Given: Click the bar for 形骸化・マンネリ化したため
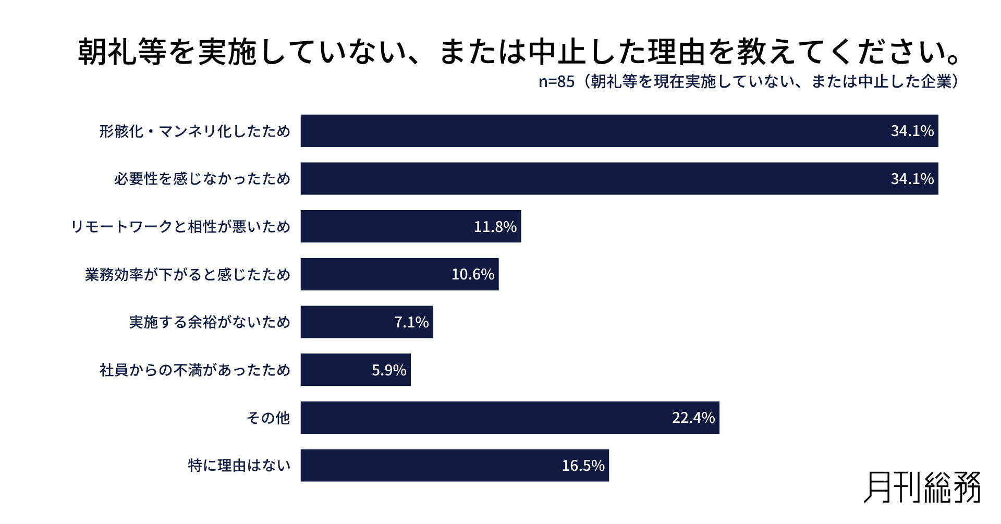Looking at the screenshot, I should (x=619, y=131).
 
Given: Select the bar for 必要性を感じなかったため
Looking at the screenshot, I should (x=619, y=179).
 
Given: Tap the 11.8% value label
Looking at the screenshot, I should (x=495, y=227).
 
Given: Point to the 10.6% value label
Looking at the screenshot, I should (x=472, y=274).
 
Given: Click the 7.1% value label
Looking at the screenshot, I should (x=411, y=322).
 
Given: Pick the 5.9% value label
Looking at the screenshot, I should (x=388, y=370).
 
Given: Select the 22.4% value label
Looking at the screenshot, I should (x=693, y=418).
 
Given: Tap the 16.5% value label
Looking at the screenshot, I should (x=583, y=466).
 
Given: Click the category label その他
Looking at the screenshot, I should (x=268, y=418).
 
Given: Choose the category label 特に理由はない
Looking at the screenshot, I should (x=239, y=466).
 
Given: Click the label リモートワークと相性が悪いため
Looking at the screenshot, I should (x=180, y=227).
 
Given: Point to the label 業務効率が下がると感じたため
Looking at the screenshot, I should (x=187, y=274).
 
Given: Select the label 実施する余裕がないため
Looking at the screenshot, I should (x=210, y=322).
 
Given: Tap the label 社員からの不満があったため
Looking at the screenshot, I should (x=194, y=370).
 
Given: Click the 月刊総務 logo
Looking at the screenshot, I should (x=922, y=488).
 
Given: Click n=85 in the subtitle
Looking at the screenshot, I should (x=556, y=82).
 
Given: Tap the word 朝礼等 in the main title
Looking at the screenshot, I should (x=123, y=52).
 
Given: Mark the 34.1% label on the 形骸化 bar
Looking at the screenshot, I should (x=912, y=131).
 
